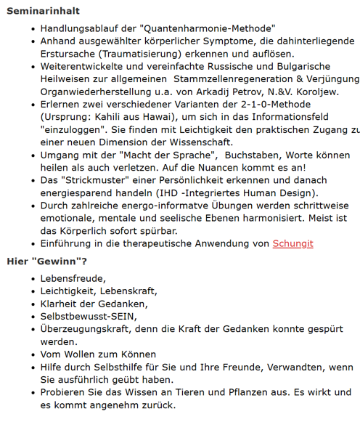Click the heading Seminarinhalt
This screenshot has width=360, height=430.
(x=43, y=11)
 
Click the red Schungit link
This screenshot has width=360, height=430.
(x=292, y=243)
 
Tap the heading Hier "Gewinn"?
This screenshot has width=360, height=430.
(x=46, y=261)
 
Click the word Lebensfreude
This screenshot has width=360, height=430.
(x=73, y=278)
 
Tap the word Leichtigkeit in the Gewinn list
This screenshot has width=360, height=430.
(x=70, y=291)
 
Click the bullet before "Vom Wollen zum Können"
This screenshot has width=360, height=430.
(x=34, y=354)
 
